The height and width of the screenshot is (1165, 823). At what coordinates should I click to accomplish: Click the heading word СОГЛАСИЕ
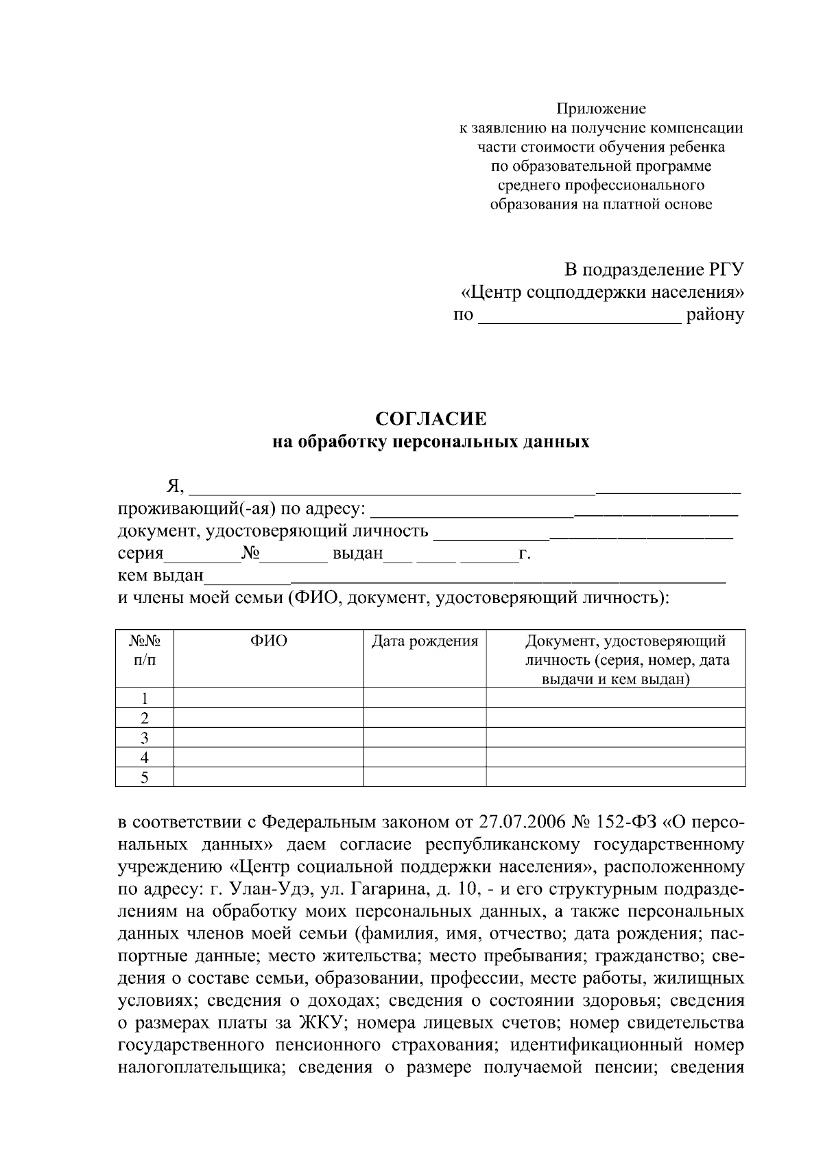[x=431, y=419]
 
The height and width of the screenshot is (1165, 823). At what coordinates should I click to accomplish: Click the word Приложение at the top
[x=601, y=108]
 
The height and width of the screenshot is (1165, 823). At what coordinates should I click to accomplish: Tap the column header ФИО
[x=268, y=641]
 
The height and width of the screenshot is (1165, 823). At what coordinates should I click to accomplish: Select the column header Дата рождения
[x=425, y=642]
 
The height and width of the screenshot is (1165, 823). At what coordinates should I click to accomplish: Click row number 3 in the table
[x=145, y=738]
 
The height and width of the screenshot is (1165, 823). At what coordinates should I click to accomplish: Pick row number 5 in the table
[x=145, y=777]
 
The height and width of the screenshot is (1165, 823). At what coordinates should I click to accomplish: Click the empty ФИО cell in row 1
[x=268, y=698]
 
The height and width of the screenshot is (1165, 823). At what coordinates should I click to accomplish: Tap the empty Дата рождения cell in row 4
[x=425, y=757]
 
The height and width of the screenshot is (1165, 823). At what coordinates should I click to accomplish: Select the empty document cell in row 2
[x=615, y=718]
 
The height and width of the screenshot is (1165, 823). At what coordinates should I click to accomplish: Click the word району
[x=715, y=316]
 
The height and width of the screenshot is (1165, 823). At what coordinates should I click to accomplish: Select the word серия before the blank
[x=141, y=554]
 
